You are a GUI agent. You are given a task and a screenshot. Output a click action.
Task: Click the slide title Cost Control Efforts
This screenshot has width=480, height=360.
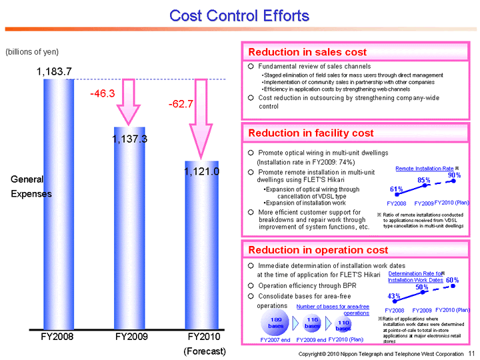click(239, 15)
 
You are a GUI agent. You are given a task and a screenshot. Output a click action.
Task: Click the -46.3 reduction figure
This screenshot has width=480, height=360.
click(103, 95)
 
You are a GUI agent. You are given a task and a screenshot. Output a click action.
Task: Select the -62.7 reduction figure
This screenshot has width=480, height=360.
click(181, 104)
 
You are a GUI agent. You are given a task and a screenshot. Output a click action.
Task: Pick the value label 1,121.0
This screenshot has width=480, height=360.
click(202, 171)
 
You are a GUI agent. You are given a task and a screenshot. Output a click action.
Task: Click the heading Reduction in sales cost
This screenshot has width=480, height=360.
click(307, 52)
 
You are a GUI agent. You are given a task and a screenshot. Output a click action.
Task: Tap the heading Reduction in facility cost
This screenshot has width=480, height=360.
click(311, 133)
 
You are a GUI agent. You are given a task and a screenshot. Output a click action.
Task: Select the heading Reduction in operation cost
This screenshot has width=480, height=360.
click(318, 250)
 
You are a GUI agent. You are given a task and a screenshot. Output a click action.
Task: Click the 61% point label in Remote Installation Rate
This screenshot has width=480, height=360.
click(396, 189)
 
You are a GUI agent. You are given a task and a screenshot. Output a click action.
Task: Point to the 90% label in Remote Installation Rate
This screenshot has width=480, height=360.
click(455, 175)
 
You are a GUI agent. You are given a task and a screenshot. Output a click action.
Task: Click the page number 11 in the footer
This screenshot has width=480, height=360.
click(471, 353)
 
